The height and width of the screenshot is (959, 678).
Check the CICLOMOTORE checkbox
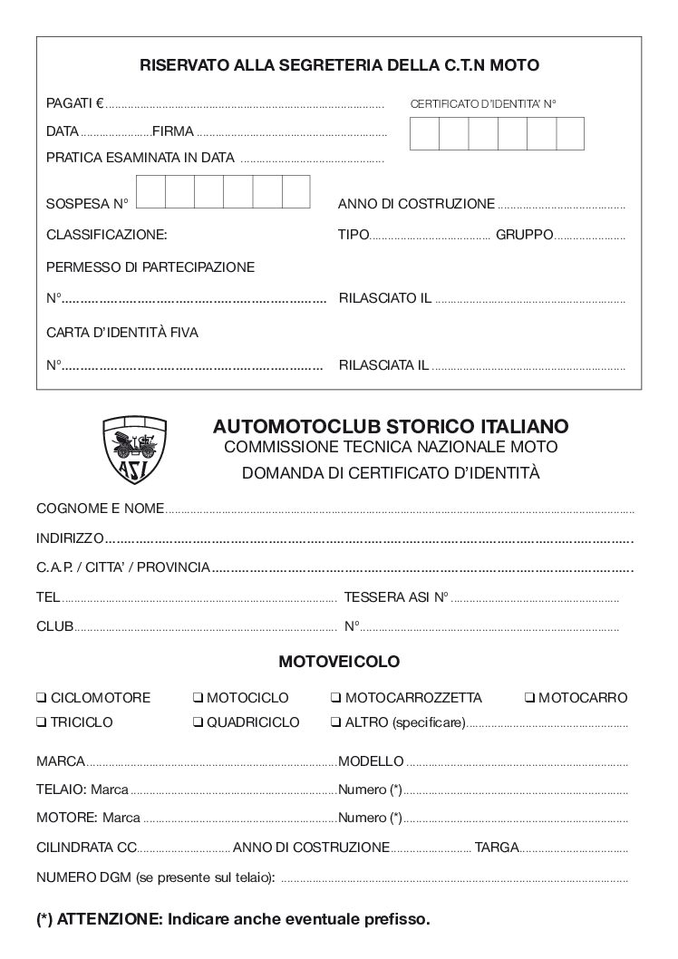tap(42, 699)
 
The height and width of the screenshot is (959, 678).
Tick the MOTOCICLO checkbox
tap(198, 699)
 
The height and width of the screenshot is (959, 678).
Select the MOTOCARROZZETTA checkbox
tap(335, 699)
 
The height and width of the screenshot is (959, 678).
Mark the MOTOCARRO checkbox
tap(529, 699)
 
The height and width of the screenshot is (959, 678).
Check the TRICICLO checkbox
tap(42, 723)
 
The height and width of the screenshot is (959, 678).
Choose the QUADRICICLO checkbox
tap(198, 723)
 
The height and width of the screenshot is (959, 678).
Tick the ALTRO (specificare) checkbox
tap(335, 723)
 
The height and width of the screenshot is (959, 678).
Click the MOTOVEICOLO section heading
tap(338, 662)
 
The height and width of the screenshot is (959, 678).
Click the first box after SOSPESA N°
tap(150, 191)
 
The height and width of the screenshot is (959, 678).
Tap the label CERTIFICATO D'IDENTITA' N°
tap(482, 104)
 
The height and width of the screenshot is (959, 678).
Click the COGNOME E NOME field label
tap(100, 508)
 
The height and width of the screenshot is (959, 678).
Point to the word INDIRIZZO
tap(70, 538)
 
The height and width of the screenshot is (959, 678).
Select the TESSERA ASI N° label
tap(397, 598)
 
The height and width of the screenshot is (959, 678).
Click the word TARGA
tap(497, 848)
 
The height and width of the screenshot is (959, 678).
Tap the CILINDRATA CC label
tap(86, 848)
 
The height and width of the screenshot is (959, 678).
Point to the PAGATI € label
tap(75, 103)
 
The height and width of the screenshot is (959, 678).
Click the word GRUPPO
tap(524, 235)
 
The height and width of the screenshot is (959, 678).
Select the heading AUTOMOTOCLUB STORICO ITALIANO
tap(391, 425)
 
